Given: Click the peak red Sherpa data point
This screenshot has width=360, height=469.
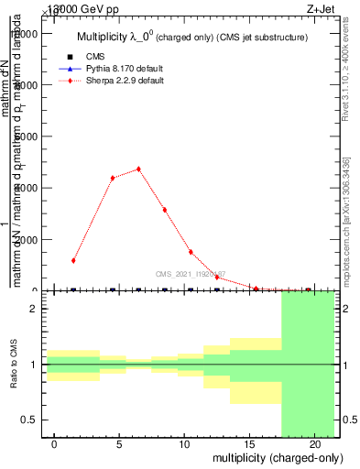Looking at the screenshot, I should pyautogui.click(x=138, y=169).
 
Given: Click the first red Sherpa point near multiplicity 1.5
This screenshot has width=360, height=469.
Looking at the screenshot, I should pyautogui.click(x=73, y=260).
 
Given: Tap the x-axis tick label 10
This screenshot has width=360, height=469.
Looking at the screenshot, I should pyautogui.click(x=184, y=444).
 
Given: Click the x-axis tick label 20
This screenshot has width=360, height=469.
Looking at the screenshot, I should pyautogui.click(x=314, y=444).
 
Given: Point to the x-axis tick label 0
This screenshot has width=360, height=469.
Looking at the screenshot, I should pyautogui.click(x=54, y=444).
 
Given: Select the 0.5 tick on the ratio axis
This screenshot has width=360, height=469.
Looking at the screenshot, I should pyautogui.click(x=27, y=420).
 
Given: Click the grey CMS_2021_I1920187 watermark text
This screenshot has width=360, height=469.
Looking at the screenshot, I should pyautogui.click(x=190, y=275).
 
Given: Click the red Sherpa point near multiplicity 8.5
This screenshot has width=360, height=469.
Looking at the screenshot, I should pyautogui.click(x=165, y=210).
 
